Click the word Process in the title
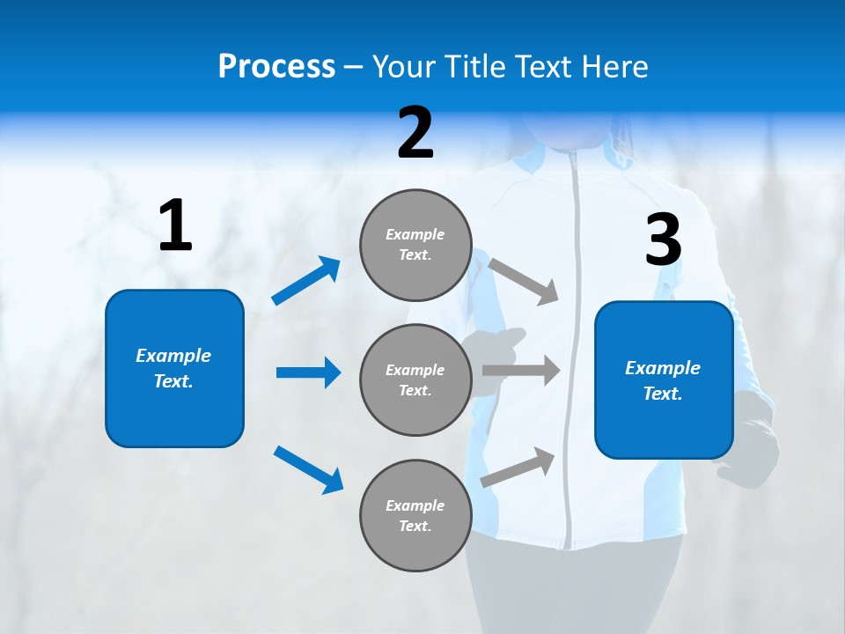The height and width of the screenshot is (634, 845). (x=276, y=67)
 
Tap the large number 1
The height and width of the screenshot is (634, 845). (x=175, y=226)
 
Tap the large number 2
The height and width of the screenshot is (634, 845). (x=415, y=133)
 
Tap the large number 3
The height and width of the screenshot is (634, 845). (x=663, y=240)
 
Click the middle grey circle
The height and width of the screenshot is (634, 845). (x=415, y=380)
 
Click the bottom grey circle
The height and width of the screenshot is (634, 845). (x=415, y=515)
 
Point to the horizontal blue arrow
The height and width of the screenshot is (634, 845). (x=308, y=372)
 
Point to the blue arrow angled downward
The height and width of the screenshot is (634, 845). (x=308, y=468)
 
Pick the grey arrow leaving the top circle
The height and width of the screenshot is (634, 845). (x=524, y=282)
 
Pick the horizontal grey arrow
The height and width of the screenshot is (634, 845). (x=521, y=371)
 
